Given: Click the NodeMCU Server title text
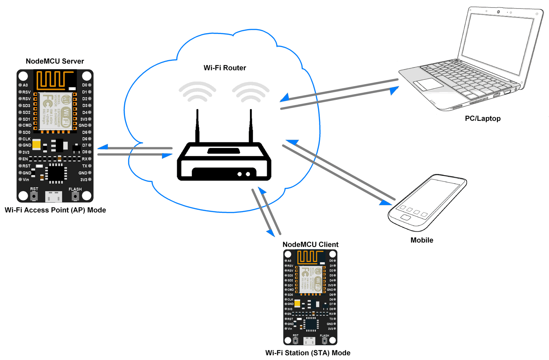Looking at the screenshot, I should [55, 61].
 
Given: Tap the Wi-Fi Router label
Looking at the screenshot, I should [225, 68].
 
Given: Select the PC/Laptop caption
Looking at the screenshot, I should [482, 118].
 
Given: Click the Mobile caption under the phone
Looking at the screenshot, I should [422, 240].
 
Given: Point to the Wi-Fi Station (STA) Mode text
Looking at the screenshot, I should [308, 353].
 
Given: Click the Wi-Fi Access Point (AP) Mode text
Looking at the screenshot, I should [55, 210].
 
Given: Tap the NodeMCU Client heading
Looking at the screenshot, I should [310, 244].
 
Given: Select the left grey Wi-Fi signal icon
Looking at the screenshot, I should [197, 92].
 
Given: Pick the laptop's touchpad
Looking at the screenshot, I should [428, 84].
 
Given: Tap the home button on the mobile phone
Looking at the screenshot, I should [405, 218].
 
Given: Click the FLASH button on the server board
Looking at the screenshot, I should [75, 196].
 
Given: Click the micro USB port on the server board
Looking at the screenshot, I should [54, 197].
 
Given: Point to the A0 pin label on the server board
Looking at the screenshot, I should [25, 85].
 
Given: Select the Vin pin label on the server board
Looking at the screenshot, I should [26, 179].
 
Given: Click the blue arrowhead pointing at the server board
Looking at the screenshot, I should [103, 147].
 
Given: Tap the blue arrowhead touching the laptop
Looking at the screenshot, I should [394, 90].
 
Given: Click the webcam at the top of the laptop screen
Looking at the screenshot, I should [498, 12].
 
